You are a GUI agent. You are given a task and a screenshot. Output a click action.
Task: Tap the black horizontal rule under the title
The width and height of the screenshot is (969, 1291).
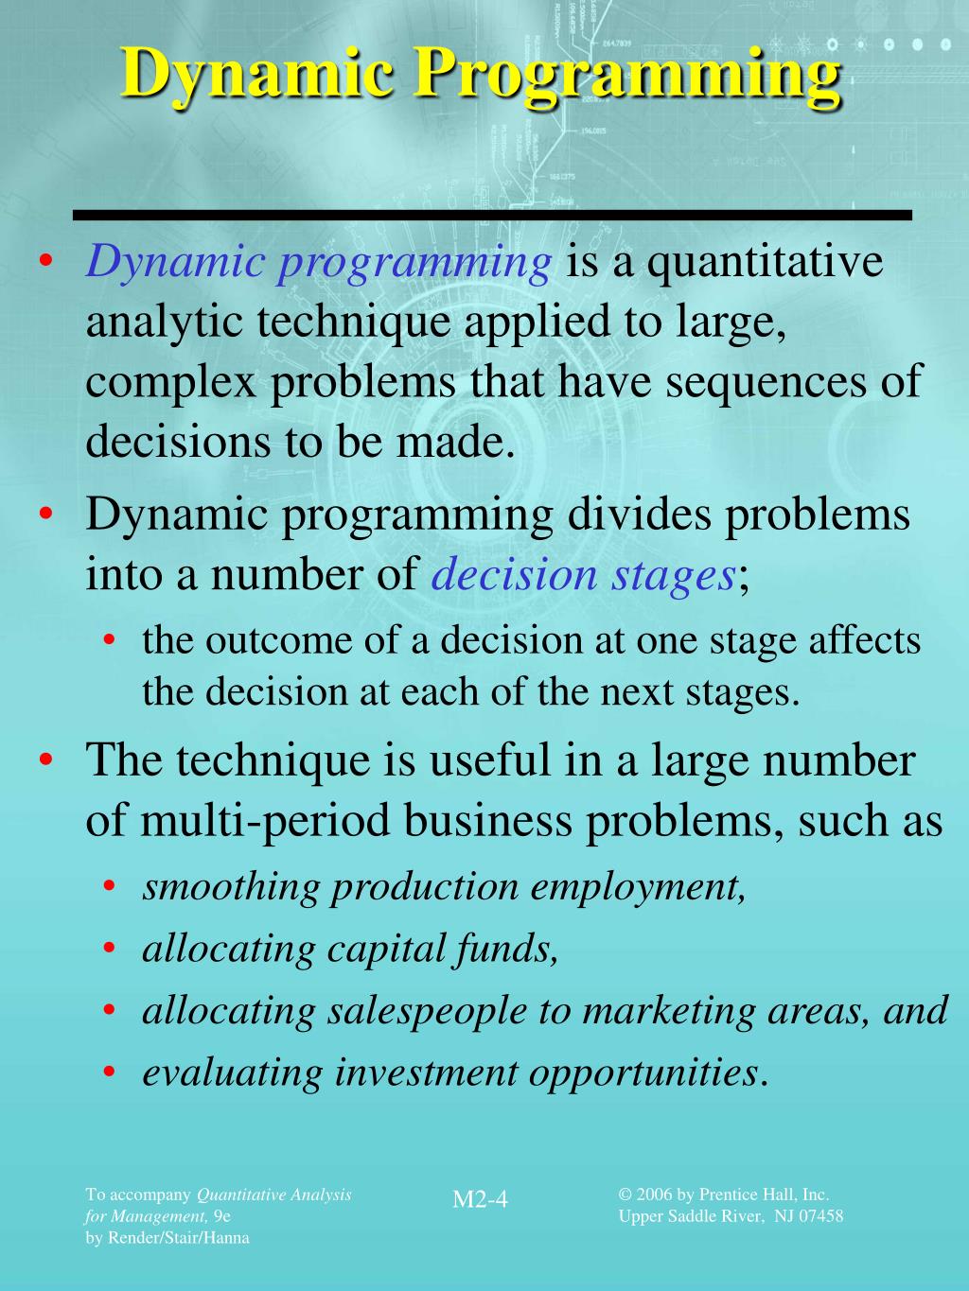coord(492,216)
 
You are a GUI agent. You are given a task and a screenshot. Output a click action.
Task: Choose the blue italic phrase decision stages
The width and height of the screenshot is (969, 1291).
coord(583,574)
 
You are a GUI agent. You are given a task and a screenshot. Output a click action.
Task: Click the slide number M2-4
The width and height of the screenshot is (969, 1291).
coord(480,1199)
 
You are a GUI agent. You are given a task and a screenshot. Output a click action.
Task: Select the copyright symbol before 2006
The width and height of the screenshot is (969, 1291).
coord(625,1195)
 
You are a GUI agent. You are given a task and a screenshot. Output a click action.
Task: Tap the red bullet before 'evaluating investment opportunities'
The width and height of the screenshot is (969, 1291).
coord(111,1073)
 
